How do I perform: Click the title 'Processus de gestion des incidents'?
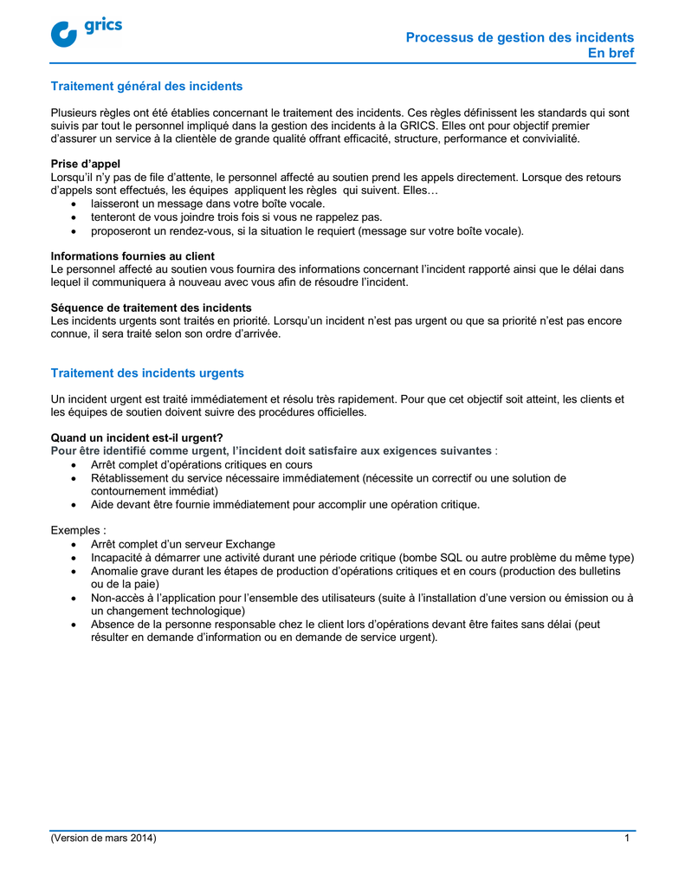[520, 37]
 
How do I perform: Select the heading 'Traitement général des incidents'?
[146, 86]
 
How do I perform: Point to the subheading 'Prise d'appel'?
[86, 164]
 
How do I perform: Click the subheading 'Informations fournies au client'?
[132, 256]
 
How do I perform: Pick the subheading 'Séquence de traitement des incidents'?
[151, 308]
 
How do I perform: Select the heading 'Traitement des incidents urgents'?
[147, 372]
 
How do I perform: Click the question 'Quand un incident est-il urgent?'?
[137, 437]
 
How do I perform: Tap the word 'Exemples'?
[76, 530]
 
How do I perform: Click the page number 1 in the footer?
[626, 838]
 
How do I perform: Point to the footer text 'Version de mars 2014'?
[104, 838]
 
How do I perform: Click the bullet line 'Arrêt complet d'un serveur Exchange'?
[183, 544]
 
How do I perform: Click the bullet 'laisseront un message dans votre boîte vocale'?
[208, 204]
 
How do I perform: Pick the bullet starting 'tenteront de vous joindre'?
[236, 217]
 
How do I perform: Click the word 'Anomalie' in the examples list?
[115, 571]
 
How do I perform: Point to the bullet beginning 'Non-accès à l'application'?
[362, 598]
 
